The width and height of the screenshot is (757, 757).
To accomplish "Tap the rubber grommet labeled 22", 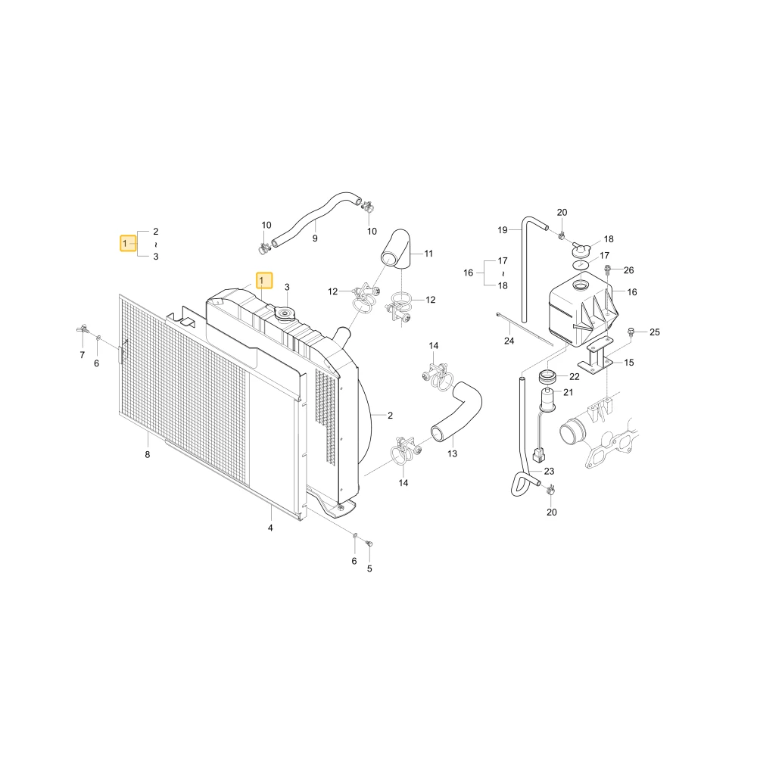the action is (547, 376).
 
